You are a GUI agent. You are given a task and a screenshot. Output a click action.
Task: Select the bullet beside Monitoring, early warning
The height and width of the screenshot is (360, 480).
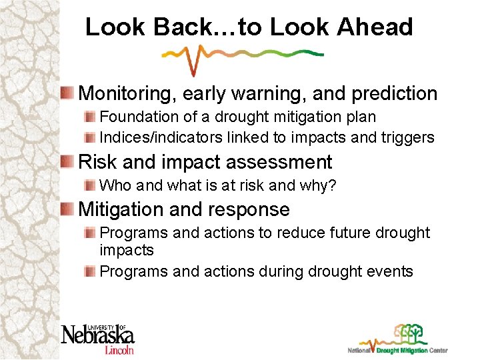[x=68, y=93]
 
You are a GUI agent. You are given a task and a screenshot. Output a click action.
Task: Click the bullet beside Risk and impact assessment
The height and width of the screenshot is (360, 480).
[x=68, y=162]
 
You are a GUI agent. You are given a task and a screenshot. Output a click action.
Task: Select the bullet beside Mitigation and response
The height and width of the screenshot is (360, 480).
[x=68, y=209]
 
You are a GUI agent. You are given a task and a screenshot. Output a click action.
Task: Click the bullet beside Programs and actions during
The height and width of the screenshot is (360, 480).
[x=91, y=271]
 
